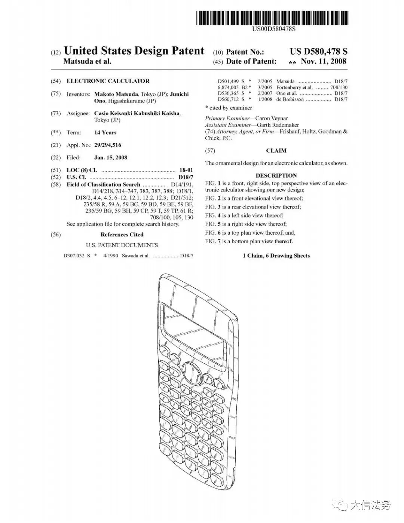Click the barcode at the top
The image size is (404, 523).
tap(273, 18)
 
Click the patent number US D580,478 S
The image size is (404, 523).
tap(318, 52)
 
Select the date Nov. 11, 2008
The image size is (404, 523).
tap(324, 61)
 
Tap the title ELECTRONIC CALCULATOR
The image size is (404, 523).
tap(108, 81)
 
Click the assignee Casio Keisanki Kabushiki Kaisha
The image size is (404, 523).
tap(137, 113)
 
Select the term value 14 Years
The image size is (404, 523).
tap(105, 132)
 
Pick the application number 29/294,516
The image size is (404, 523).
tap(107, 145)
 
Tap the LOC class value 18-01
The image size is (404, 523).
tap(186, 170)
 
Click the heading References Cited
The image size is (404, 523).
tap(122, 235)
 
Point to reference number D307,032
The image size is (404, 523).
tap(74, 256)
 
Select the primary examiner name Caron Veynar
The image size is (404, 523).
tap(272, 118)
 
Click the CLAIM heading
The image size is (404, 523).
tap(276, 151)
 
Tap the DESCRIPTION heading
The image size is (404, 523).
tap(276, 175)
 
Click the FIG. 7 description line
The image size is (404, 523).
tap(249, 241)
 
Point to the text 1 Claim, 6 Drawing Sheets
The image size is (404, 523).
tap(276, 256)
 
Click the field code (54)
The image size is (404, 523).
tap(56, 81)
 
